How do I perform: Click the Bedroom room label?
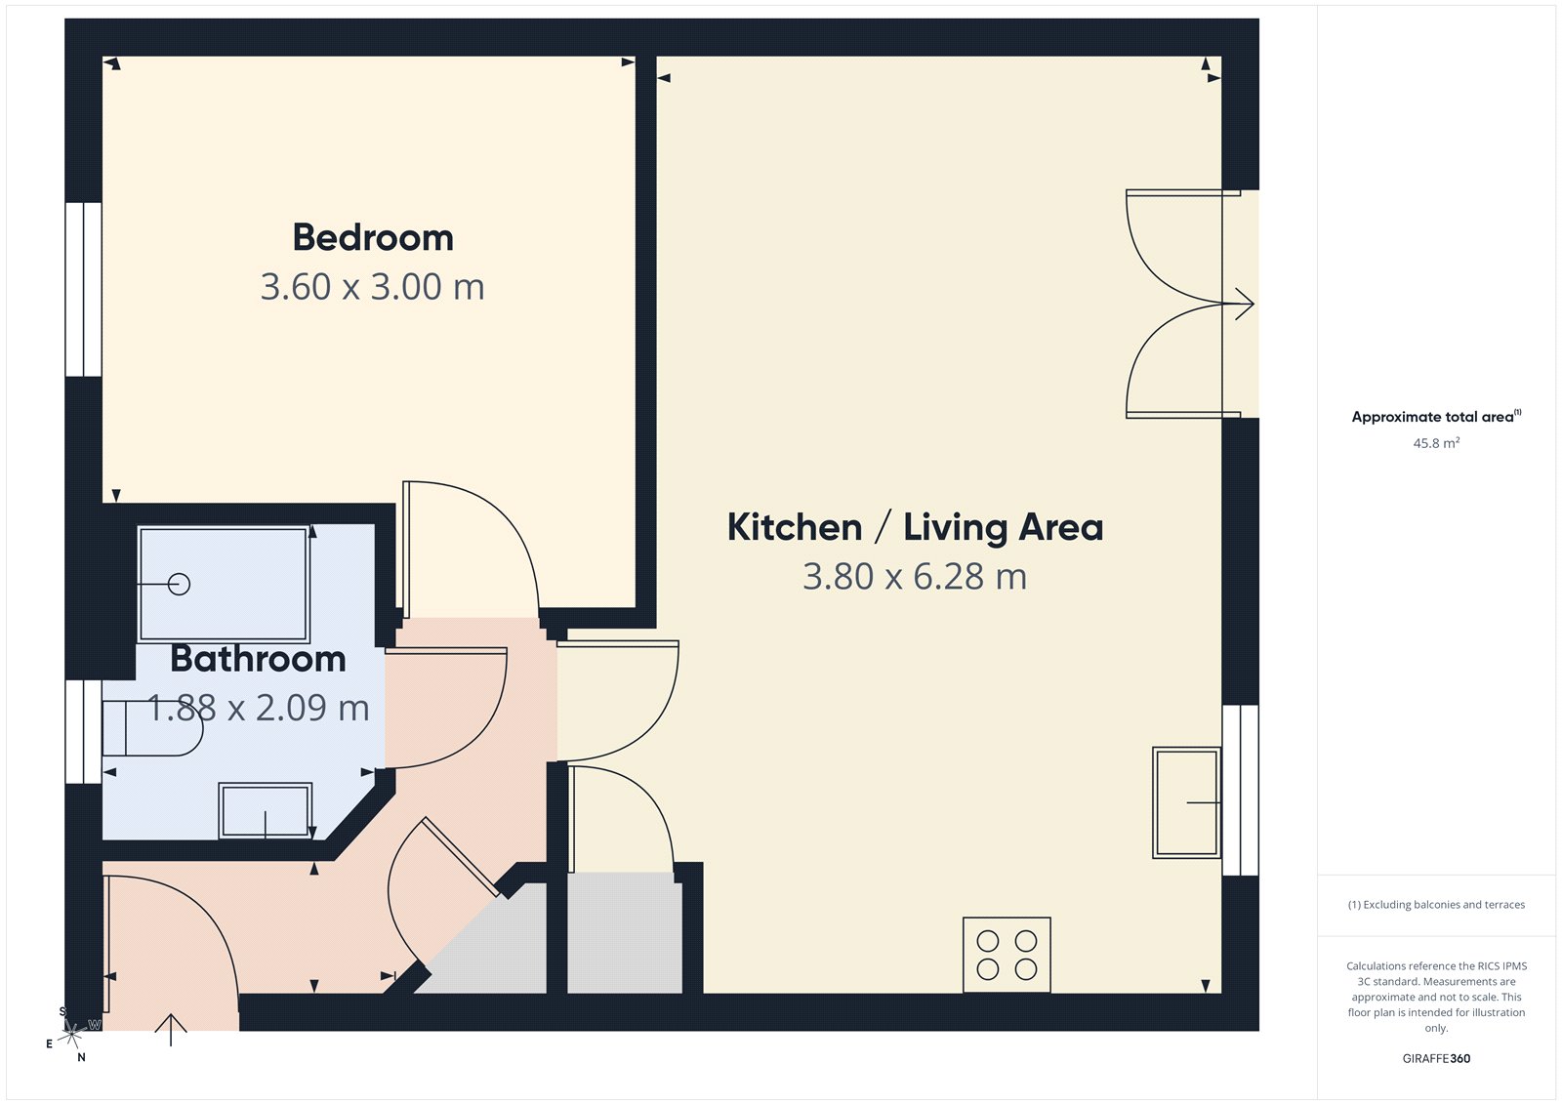point(373,237)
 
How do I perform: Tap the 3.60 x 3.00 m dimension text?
point(372,287)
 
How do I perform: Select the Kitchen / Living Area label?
point(915,527)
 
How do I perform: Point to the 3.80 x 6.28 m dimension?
point(915,577)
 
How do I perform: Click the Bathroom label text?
point(258,659)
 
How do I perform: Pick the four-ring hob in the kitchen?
point(1007,955)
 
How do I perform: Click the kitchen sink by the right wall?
point(1186,802)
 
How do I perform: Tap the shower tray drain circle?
point(179,584)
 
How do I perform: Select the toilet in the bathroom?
point(151,728)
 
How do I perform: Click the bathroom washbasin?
point(266,810)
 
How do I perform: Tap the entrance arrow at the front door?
point(171,1029)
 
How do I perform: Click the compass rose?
point(72,1033)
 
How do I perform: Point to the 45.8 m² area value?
point(1436,443)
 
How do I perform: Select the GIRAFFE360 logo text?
point(1436,1058)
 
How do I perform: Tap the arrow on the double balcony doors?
point(1243,304)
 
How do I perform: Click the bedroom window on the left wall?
point(84,289)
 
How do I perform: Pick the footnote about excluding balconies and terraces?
point(1436,905)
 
